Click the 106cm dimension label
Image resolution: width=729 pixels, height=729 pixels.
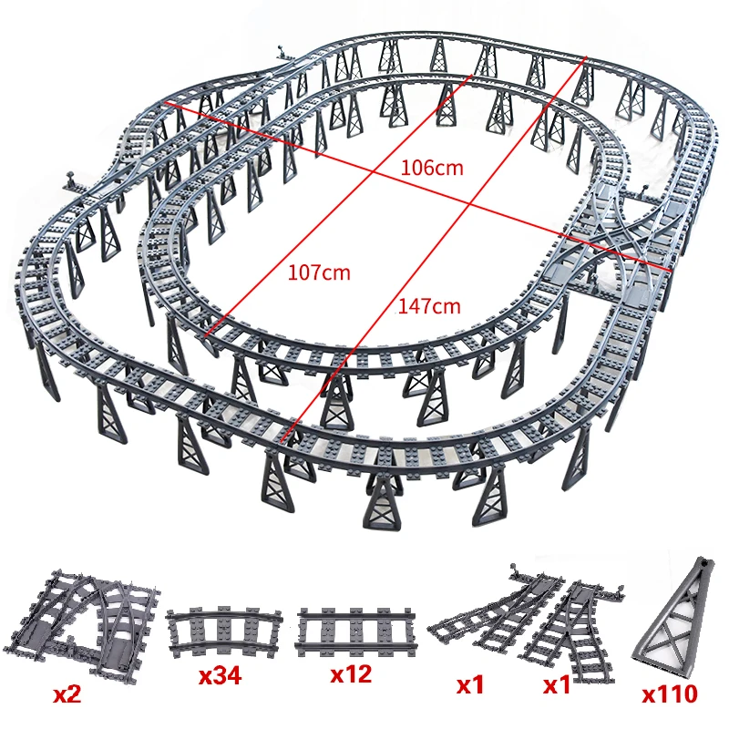click(432, 167)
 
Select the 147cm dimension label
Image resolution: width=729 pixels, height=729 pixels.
click(429, 306)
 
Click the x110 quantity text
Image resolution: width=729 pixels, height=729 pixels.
click(669, 695)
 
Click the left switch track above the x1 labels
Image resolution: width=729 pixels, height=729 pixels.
click(483, 611)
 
